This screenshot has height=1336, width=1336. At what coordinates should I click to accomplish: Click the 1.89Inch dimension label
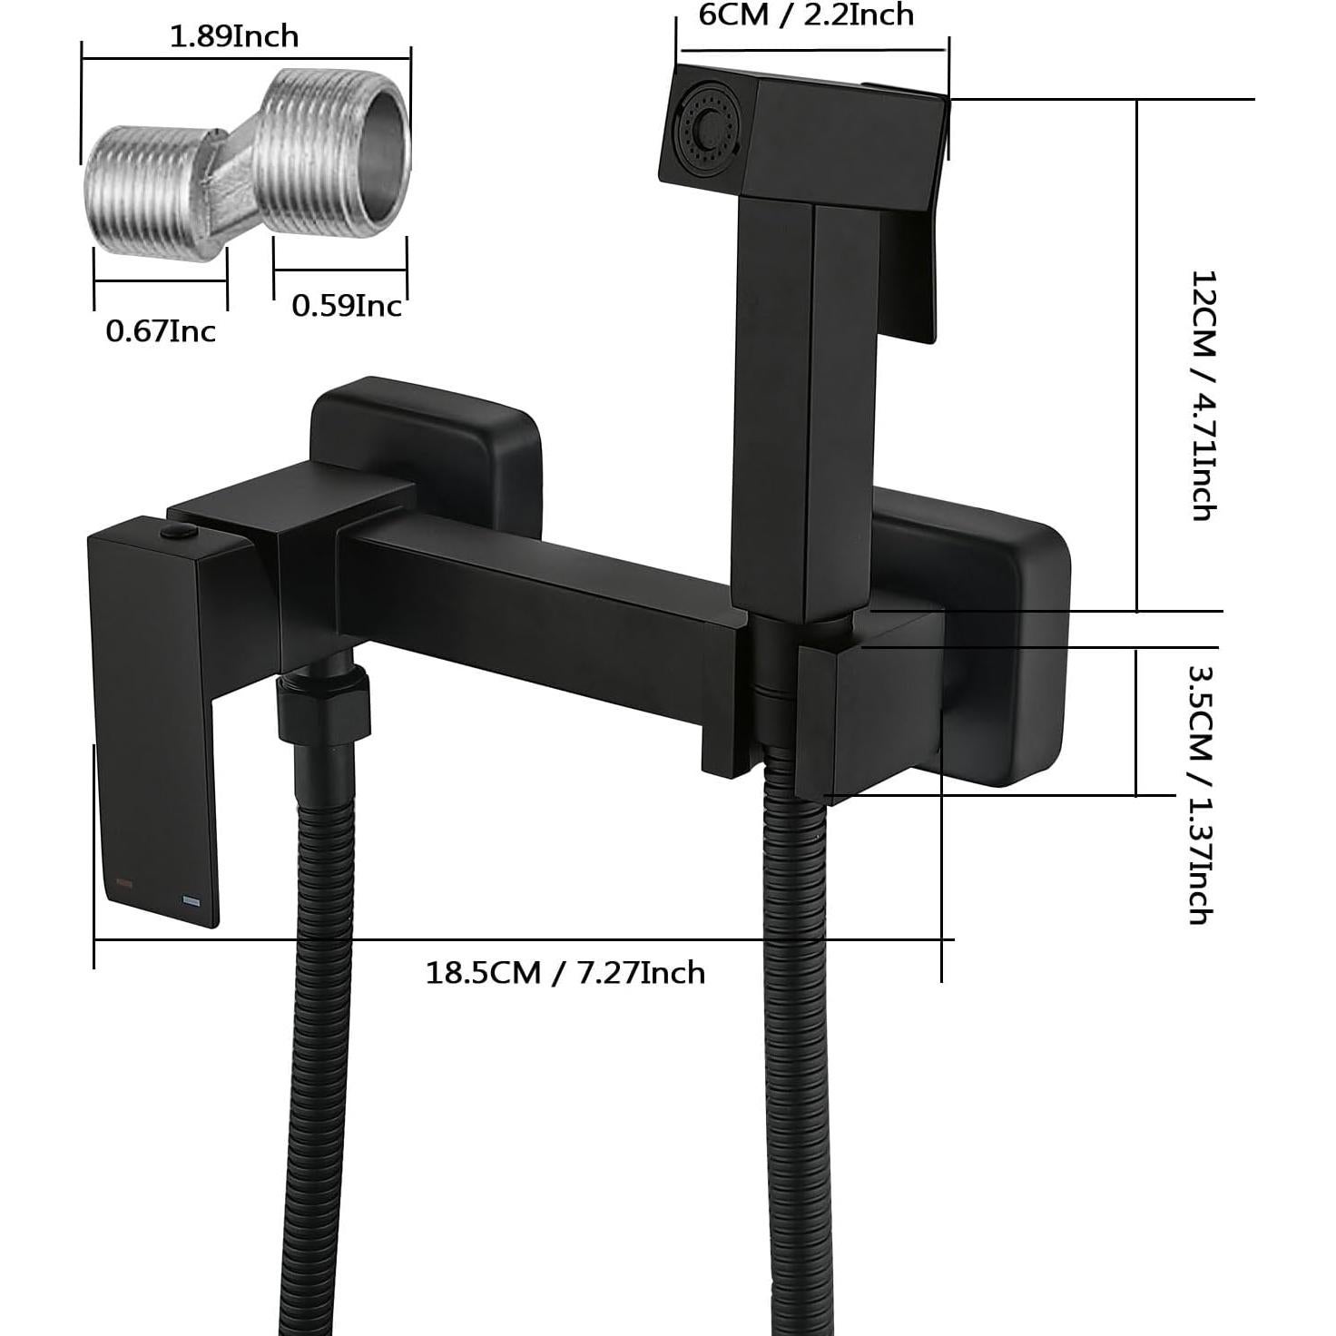tap(234, 36)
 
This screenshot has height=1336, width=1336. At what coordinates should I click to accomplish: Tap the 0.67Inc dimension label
tap(161, 331)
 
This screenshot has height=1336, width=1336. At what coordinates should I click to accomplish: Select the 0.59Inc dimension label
tap(346, 306)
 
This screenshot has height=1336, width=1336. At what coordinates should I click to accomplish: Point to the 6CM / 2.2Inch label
tap(806, 15)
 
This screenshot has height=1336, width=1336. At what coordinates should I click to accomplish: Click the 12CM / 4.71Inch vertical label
tap(1203, 395)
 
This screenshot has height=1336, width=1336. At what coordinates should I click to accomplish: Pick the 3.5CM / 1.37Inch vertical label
tap(1201, 794)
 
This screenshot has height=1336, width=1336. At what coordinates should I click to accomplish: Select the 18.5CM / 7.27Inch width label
tap(565, 973)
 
